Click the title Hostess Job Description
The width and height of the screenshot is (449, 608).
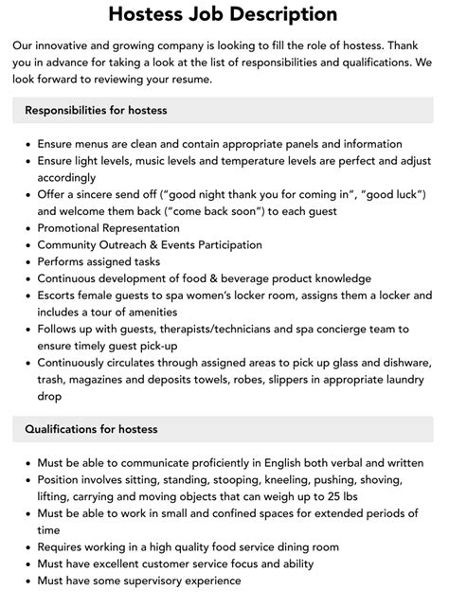(x=224, y=14)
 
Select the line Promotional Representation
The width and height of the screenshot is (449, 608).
(x=108, y=227)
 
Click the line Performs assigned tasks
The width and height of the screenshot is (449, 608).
(x=99, y=260)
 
